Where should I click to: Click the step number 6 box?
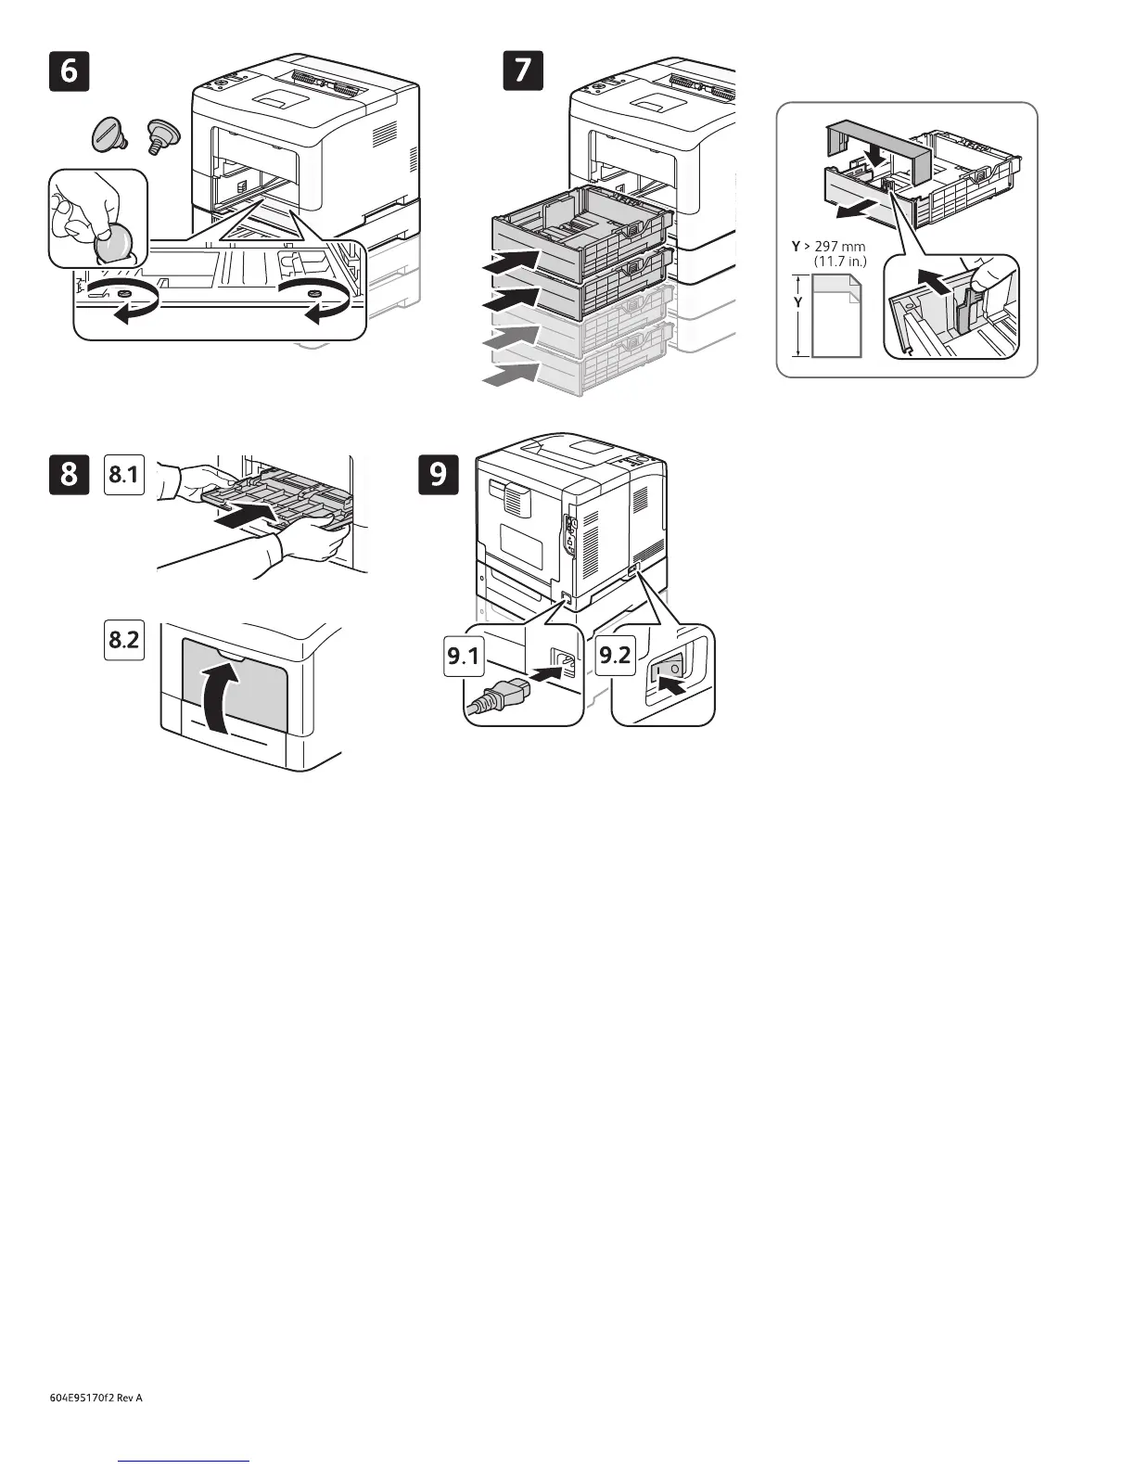pos(70,71)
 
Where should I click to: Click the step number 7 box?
pos(523,71)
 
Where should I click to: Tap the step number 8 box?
pos(70,474)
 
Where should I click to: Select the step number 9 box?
pos(439,474)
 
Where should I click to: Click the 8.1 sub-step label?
pos(124,475)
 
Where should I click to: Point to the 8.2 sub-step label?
pos(124,639)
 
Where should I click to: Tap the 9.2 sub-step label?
pos(615,657)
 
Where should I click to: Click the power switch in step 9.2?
pos(668,668)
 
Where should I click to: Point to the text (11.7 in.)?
pos(839,262)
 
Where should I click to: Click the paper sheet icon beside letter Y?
pos(836,315)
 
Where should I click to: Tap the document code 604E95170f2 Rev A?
pos(96,1398)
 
